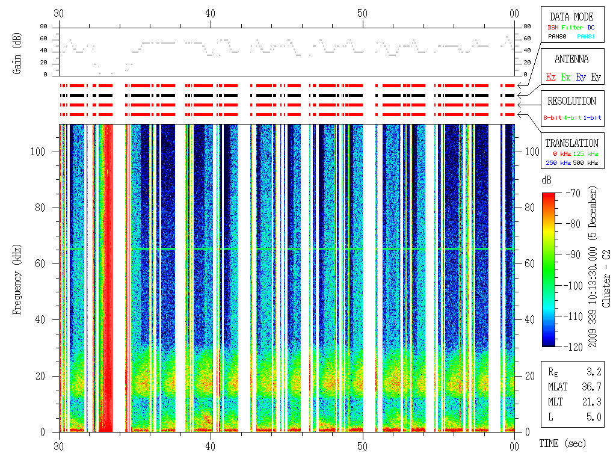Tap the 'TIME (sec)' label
click(x=562, y=443)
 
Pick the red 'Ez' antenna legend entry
click(x=550, y=77)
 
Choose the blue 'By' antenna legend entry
click(x=581, y=77)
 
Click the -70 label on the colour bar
click(x=572, y=193)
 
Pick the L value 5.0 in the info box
click(x=594, y=417)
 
